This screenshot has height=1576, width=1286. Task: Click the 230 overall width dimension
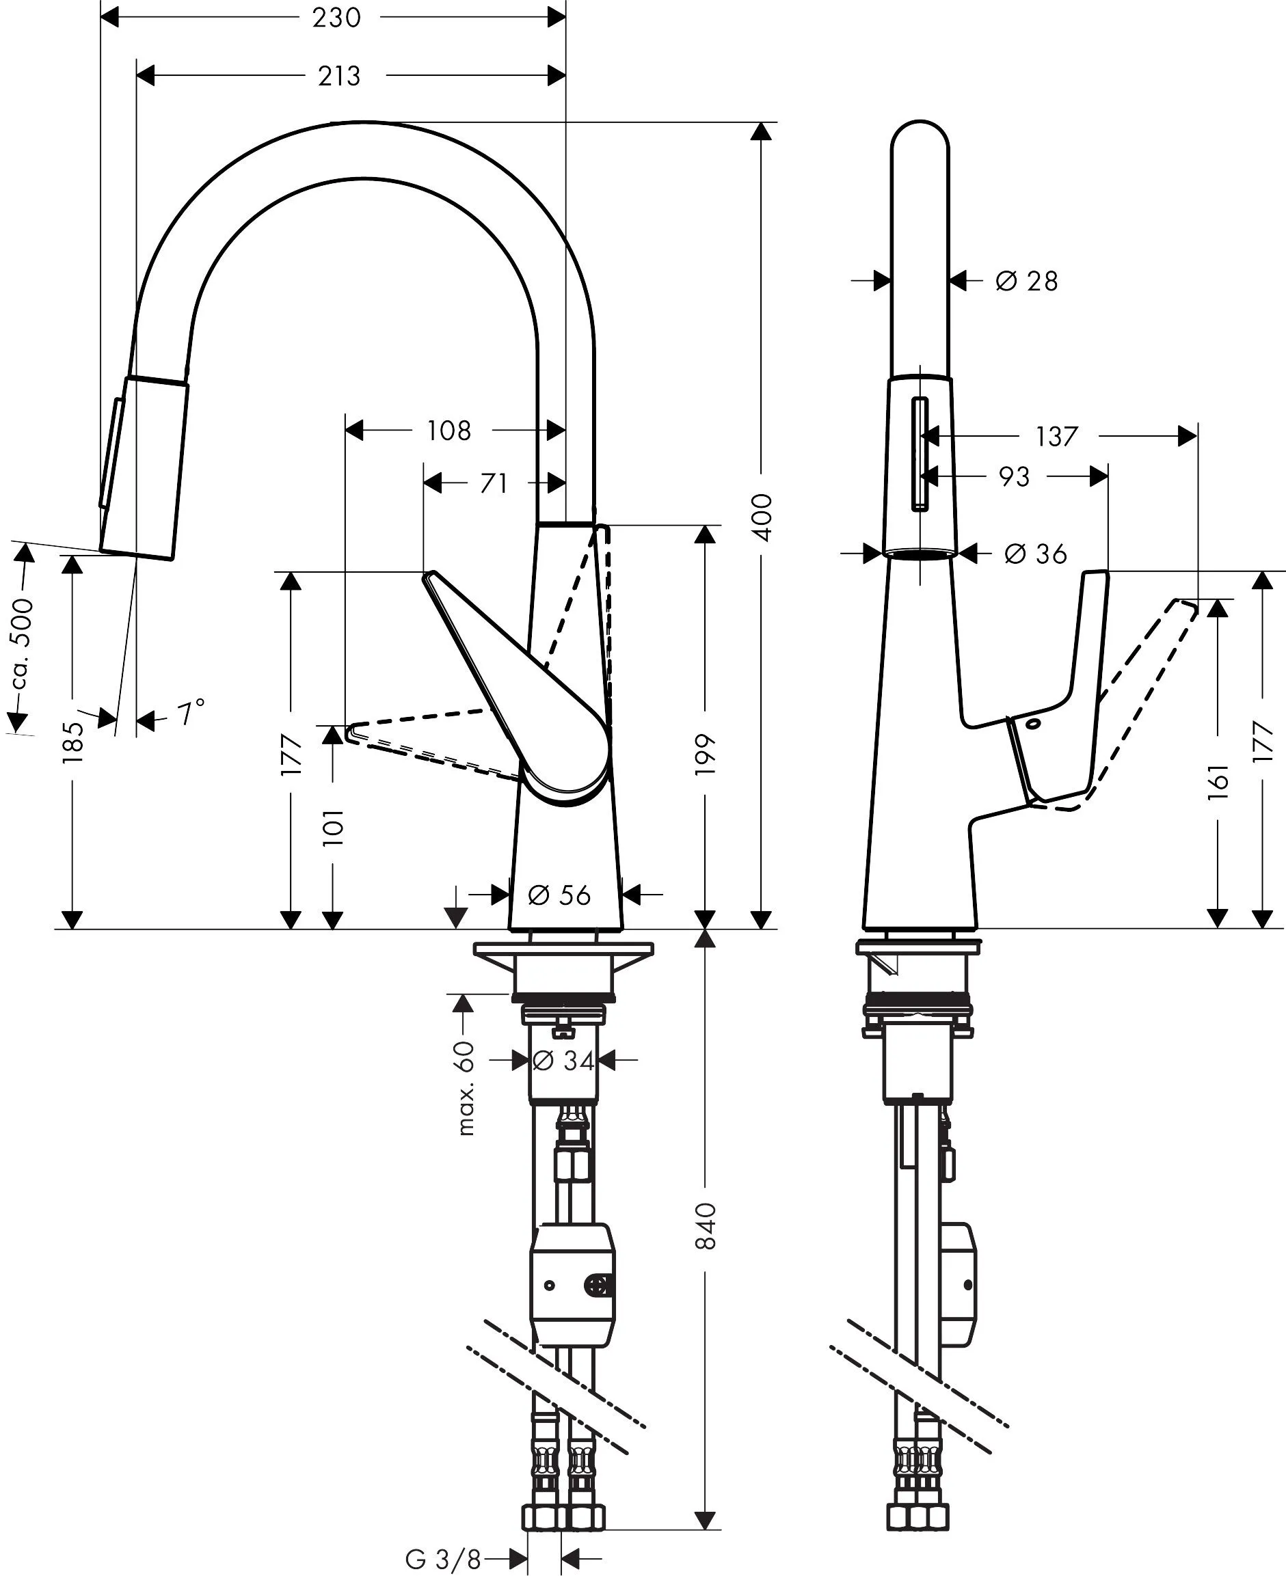point(336,17)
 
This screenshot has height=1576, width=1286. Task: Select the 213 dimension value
point(339,76)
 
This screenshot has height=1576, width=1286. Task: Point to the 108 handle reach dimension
point(449,431)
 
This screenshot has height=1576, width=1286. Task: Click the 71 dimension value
point(494,483)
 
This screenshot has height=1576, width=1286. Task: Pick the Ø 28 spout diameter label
point(1027,281)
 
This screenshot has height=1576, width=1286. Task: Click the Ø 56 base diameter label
point(559,895)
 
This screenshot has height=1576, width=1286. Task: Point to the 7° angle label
point(190,714)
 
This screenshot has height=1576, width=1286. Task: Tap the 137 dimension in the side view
point(1056,436)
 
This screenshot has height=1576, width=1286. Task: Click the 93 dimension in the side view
point(1015,476)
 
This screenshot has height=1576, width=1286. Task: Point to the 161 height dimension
point(1218,781)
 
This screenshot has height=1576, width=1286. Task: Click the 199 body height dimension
point(706,754)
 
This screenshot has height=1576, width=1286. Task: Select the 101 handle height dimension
point(334,827)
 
